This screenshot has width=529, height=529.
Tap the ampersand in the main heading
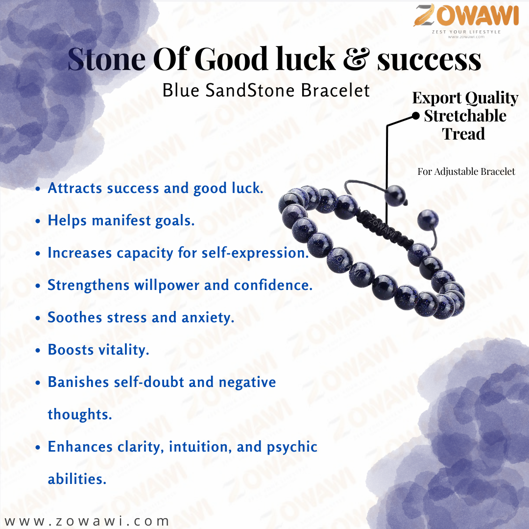tap(356, 59)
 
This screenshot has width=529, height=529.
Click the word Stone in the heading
tap(107, 59)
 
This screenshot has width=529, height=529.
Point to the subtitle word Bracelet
tap(336, 91)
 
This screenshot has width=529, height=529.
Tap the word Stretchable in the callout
tap(465, 116)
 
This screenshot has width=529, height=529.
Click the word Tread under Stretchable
tap(463, 134)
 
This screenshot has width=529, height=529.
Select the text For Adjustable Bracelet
tap(466, 171)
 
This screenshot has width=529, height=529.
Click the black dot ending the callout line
tap(416, 117)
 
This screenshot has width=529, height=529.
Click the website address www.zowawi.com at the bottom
tap(87, 521)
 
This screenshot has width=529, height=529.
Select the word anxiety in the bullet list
tap(208, 318)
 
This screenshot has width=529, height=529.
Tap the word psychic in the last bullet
tap(292, 447)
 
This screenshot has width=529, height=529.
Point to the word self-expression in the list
tap(255, 253)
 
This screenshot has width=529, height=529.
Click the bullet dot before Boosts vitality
tap(38, 351)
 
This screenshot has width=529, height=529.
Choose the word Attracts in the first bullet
tap(74, 188)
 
